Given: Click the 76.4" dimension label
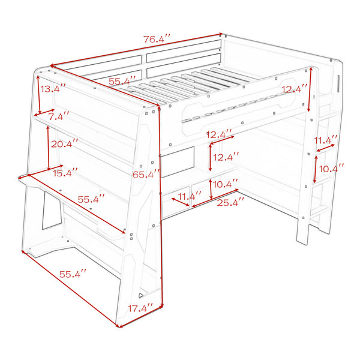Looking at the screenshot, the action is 157,39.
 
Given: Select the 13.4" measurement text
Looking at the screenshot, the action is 53,89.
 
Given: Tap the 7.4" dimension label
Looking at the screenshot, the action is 59,116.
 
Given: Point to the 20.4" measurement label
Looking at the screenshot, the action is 65,144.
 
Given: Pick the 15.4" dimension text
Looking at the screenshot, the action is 65,173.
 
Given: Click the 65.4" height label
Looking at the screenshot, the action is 146,175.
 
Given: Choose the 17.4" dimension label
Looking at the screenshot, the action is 140,308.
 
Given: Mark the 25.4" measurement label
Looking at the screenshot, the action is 230,203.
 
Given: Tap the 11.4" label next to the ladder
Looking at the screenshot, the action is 326,140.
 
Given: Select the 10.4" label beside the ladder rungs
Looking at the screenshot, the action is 332,169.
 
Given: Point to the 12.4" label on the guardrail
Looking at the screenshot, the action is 295,89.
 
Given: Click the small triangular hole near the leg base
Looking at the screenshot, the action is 141,295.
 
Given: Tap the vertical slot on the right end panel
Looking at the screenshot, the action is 338,83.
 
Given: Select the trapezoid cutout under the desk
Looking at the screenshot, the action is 52,211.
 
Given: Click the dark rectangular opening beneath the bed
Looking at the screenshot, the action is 178,163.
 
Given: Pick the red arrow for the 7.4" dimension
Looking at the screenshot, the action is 44,112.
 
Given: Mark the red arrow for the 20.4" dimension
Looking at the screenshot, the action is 48,148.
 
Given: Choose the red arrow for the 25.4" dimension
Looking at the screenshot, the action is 215,198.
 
